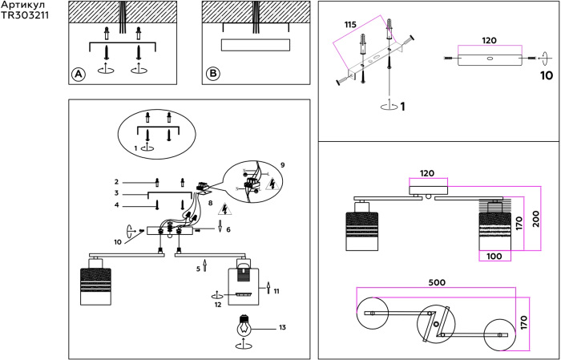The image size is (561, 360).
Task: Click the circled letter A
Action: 78,74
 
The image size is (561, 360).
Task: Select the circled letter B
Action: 212,74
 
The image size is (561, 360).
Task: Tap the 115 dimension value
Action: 349,26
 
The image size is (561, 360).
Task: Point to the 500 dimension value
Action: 437,282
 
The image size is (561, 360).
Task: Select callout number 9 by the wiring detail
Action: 283,165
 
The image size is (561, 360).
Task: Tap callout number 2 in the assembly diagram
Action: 116,182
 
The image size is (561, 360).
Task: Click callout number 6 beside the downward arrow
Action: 228,229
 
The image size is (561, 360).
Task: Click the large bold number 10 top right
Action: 546,77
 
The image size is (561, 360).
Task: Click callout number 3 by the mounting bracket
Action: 116,193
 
